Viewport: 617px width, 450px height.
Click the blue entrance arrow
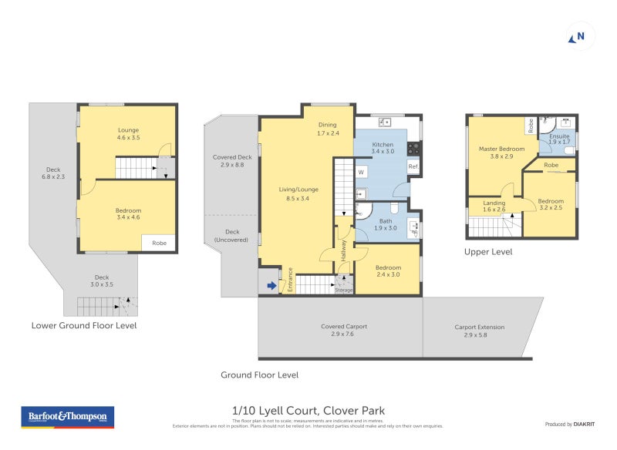coord(270,287)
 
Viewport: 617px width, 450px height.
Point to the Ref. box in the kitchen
coord(413,167)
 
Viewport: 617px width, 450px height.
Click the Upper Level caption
coord(488,251)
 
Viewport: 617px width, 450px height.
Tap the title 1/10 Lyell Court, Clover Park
coord(308,411)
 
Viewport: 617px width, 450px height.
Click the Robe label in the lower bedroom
coord(159,243)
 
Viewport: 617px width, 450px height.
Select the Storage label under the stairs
coord(344,290)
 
